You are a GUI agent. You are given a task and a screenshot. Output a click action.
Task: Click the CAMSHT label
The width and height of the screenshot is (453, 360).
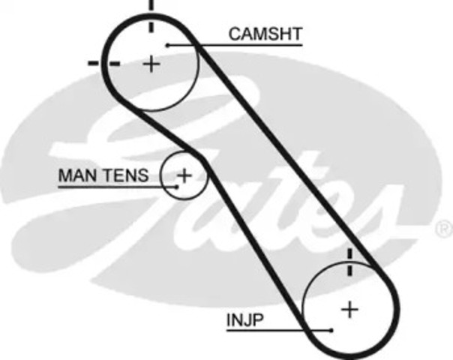[x=265, y=34]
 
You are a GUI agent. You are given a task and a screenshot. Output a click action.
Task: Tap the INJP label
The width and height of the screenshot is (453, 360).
[x=245, y=319]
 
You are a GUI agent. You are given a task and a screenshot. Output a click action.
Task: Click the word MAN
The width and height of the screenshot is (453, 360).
[x=77, y=175]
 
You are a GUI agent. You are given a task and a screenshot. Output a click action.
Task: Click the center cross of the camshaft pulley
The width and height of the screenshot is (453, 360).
[x=151, y=64]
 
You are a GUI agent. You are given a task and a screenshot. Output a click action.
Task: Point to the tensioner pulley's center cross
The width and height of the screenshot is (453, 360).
[x=184, y=175]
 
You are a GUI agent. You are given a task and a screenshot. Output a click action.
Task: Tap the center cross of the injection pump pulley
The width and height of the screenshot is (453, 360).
[x=349, y=310]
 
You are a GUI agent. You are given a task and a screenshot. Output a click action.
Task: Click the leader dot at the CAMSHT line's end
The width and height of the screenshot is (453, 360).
[x=167, y=45]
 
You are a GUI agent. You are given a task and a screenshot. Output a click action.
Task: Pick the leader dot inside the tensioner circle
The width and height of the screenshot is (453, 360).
[x=177, y=187]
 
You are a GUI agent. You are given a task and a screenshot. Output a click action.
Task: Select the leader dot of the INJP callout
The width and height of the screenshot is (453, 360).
[x=331, y=330]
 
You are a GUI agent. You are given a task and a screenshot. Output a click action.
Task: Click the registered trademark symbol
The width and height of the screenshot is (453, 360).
[x=444, y=229]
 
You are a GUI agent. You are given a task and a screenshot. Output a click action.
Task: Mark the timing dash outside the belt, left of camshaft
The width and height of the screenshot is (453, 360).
[x=93, y=63]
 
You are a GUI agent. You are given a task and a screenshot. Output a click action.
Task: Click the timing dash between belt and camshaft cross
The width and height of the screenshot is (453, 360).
[x=114, y=64]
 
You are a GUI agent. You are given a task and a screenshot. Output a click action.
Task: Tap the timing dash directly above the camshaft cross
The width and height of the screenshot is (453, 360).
[x=151, y=25]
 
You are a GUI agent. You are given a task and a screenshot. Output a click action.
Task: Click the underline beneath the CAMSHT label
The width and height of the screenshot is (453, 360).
[x=235, y=45]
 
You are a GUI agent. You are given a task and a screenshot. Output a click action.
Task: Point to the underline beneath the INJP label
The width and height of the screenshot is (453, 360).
[x=279, y=330]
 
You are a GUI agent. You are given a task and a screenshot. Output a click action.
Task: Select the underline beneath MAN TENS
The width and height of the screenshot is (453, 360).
[x=118, y=187]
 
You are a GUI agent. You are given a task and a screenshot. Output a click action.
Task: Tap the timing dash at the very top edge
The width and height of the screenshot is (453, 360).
[x=151, y=4]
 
